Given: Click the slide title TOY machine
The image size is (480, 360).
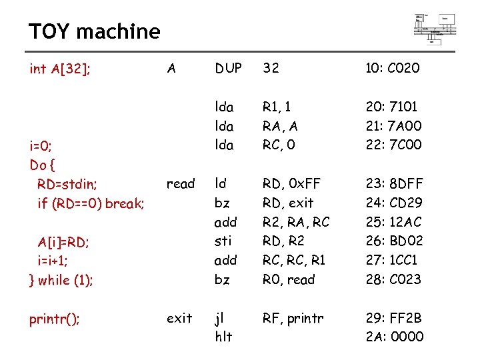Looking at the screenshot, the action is click(94, 31).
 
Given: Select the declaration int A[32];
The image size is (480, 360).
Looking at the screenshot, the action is click(61, 68).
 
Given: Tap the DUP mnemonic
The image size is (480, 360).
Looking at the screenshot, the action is click(229, 68).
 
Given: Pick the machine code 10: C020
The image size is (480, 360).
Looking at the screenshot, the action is click(393, 68).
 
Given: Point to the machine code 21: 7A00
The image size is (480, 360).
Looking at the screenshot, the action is click(393, 126).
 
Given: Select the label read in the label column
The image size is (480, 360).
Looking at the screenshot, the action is click(181, 183).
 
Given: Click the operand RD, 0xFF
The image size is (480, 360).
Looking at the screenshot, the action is click(287, 183).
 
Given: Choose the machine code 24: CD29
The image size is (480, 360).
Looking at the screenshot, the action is click(393, 203).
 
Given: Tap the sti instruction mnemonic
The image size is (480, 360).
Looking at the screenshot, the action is click(222, 241).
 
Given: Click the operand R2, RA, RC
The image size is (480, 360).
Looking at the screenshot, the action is click(296, 222).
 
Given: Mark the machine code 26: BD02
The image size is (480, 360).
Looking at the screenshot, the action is click(394, 241).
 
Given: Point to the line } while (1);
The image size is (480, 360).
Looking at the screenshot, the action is click(61, 280).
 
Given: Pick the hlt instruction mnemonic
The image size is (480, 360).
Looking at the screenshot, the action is click(223, 337).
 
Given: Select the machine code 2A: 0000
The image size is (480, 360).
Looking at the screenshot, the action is click(394, 337).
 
